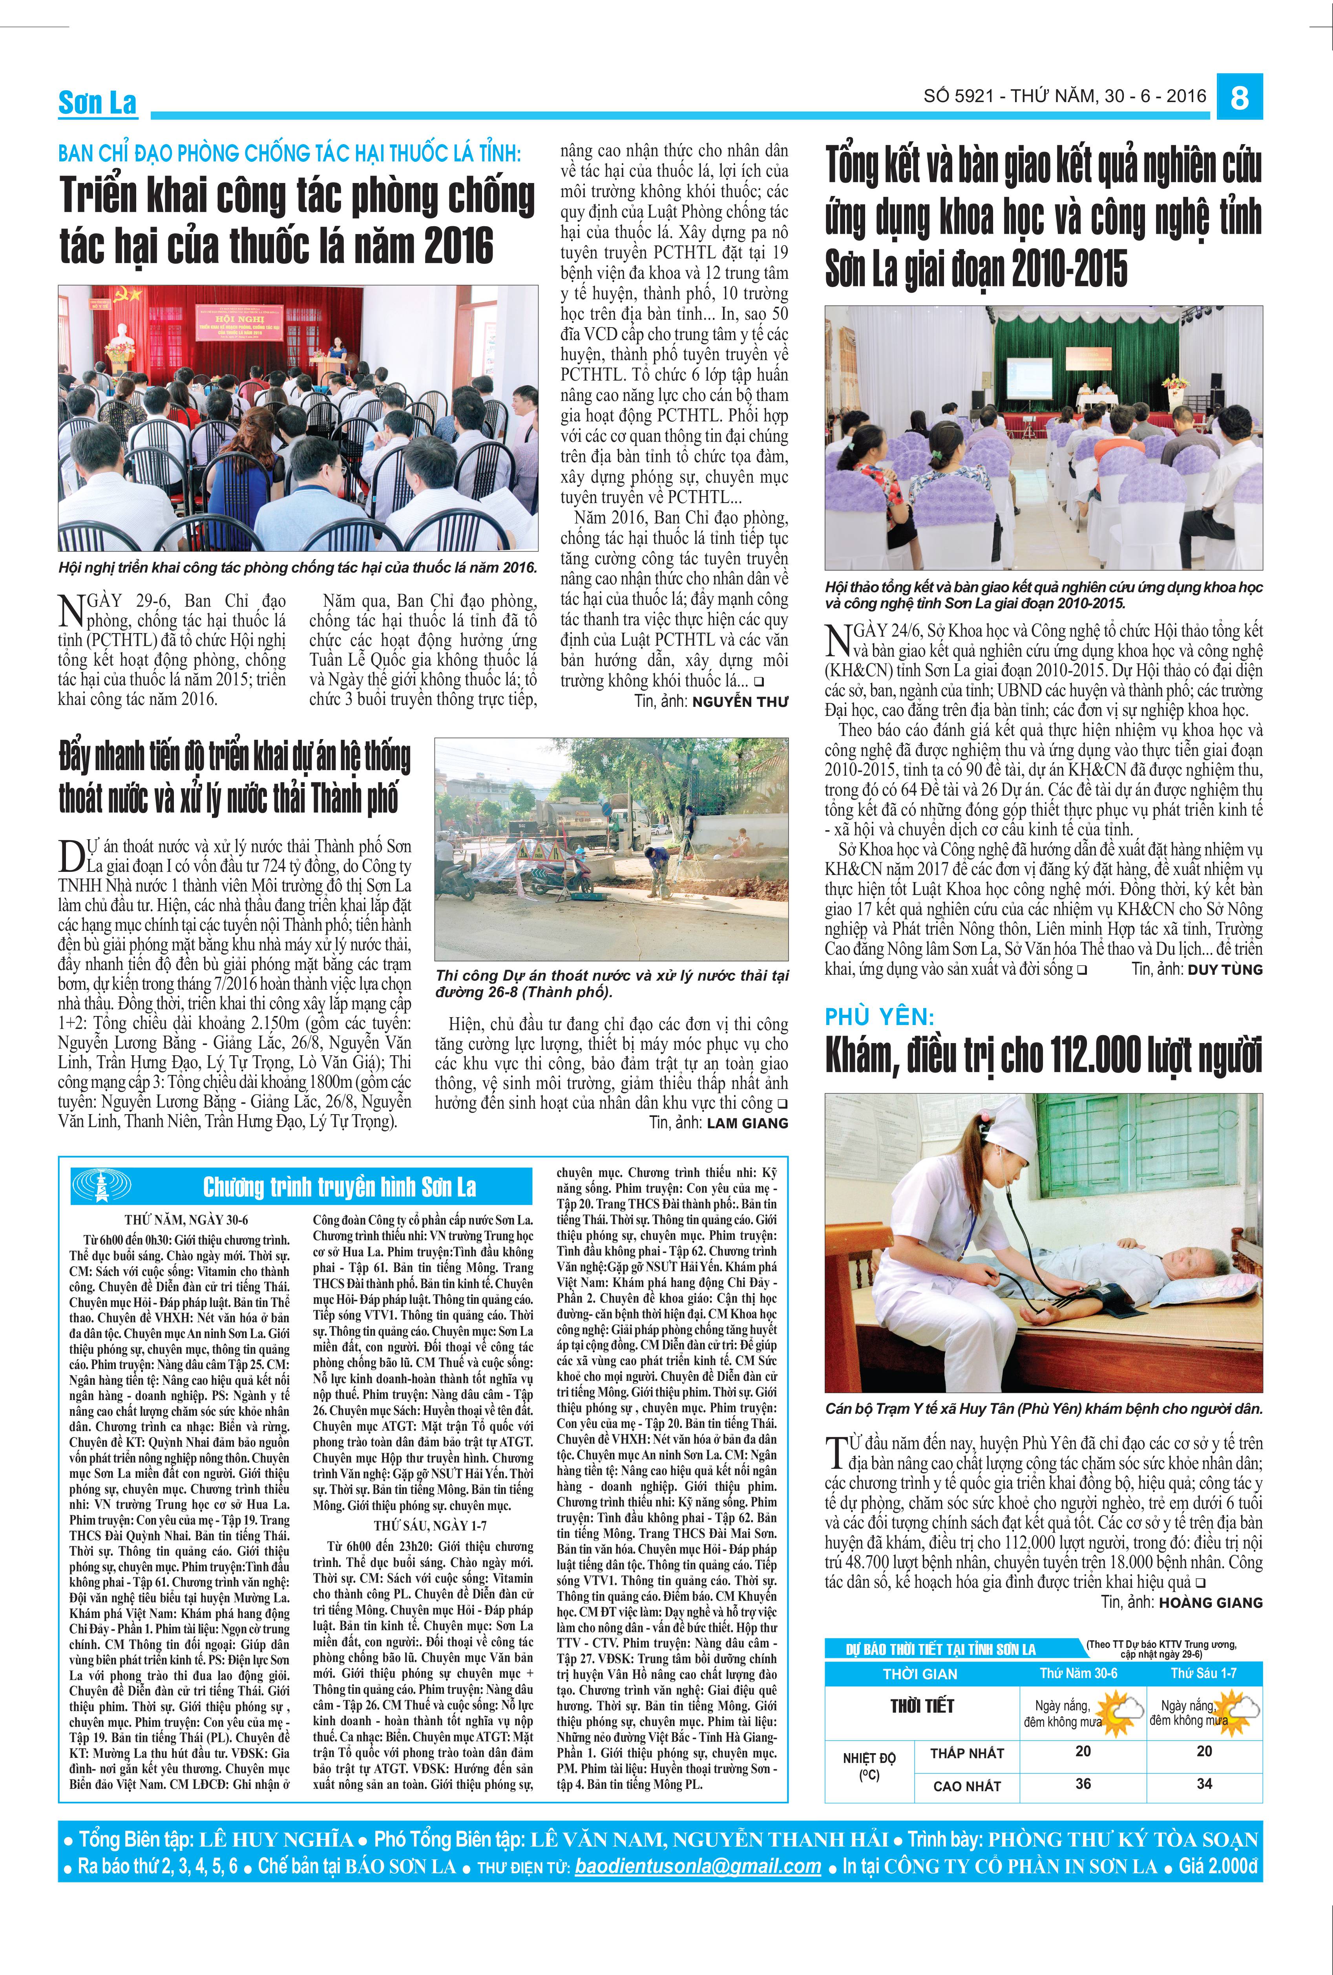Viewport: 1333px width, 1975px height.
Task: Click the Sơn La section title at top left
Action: click(97, 103)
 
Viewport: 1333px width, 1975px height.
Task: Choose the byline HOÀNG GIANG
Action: click(1209, 1602)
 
